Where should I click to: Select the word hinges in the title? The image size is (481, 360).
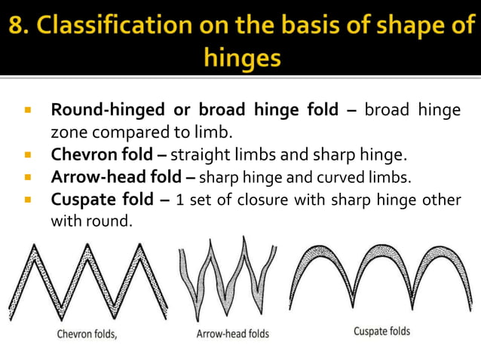(x=240, y=57)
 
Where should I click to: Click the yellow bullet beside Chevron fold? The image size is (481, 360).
(x=28, y=156)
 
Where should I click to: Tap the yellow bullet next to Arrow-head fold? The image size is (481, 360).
(x=28, y=178)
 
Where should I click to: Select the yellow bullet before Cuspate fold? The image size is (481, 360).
(x=28, y=200)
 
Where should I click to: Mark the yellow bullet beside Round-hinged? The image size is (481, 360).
(x=28, y=110)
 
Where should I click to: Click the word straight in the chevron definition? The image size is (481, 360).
(x=198, y=156)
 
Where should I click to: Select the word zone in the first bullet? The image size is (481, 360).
(x=68, y=133)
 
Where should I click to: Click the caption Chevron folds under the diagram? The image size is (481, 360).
(x=87, y=334)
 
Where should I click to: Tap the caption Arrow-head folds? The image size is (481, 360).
(x=232, y=333)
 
